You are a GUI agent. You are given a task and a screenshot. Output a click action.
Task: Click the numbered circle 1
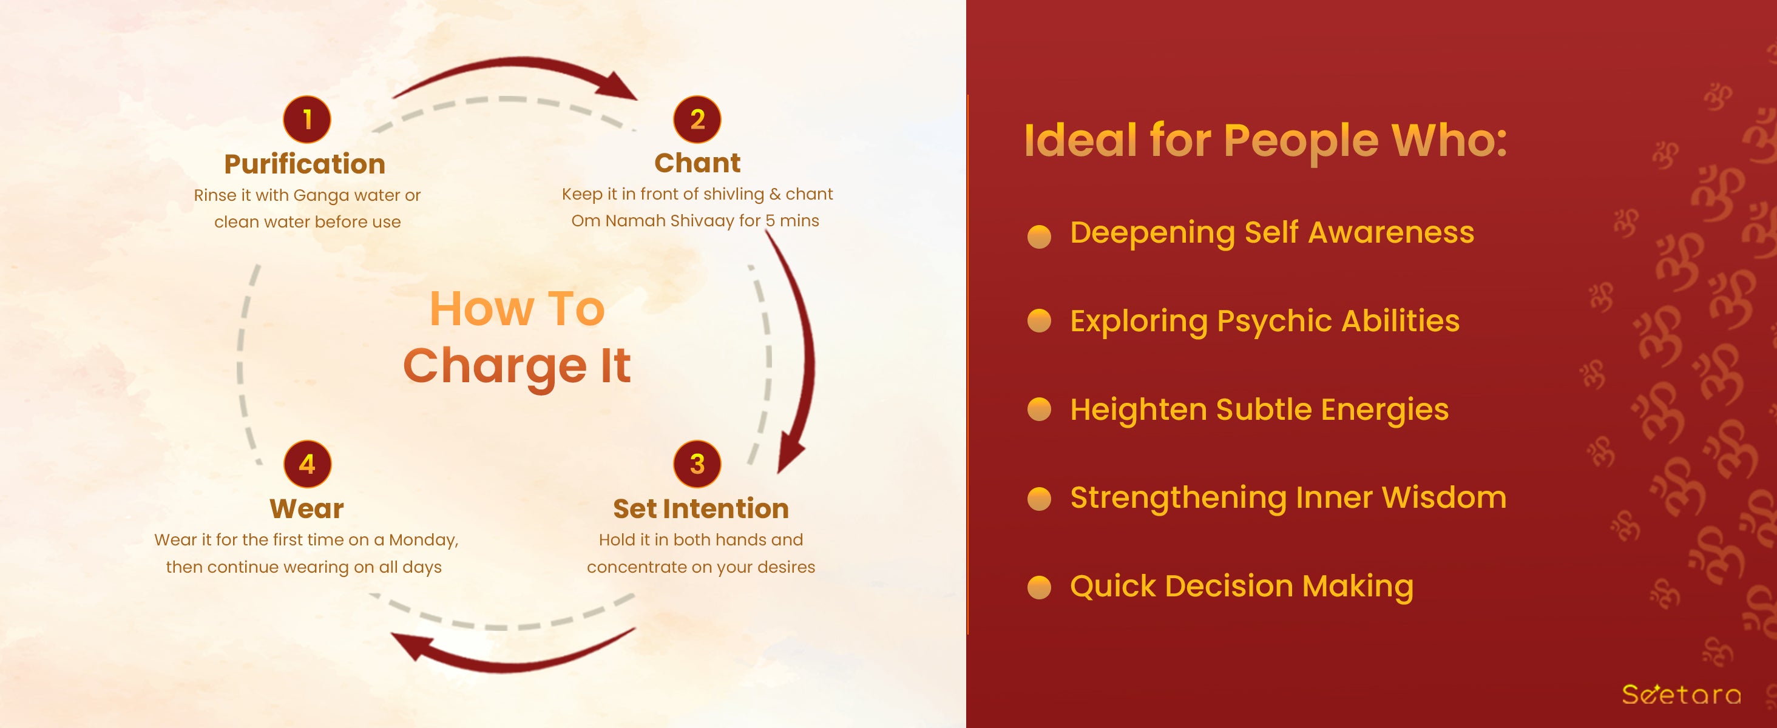(x=307, y=120)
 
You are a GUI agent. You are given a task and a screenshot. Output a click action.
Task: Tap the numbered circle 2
(x=697, y=120)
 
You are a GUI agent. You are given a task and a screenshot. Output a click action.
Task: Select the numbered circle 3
(x=697, y=464)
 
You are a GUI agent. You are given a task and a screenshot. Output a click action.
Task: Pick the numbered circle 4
(x=308, y=464)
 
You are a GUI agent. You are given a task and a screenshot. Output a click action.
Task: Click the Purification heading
(x=305, y=164)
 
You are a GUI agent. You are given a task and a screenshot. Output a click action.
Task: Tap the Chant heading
(x=697, y=163)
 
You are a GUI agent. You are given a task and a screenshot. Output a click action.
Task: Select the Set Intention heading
(x=701, y=509)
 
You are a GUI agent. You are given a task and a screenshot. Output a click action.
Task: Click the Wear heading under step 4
(x=307, y=509)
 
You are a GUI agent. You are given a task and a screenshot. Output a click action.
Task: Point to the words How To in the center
(x=517, y=308)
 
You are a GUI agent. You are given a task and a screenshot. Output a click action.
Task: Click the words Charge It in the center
(x=516, y=365)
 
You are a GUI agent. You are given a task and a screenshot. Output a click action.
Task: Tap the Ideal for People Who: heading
(x=1266, y=141)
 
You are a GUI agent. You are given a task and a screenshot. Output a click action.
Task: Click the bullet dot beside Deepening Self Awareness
(x=1039, y=236)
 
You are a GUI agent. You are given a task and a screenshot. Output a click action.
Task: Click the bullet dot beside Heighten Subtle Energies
(x=1039, y=409)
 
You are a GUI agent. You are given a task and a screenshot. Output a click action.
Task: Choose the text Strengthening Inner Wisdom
(x=1288, y=497)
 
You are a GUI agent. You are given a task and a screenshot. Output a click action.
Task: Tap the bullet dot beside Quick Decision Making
(x=1039, y=587)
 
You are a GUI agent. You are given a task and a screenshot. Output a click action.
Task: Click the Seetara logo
(x=1681, y=693)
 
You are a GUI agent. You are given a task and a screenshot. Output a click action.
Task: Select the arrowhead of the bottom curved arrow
(x=412, y=647)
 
